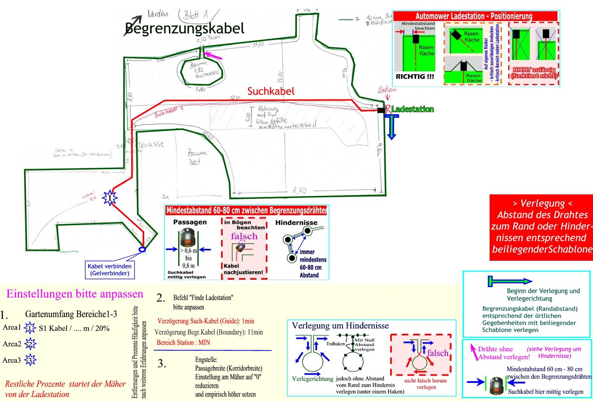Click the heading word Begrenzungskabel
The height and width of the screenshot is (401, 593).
pyautogui.click(x=185, y=29)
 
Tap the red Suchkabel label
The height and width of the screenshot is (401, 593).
pyautogui.click(x=271, y=91)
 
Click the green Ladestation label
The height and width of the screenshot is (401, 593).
pyautogui.click(x=413, y=109)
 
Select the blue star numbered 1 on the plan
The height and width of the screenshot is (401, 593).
pyautogui.click(x=110, y=198)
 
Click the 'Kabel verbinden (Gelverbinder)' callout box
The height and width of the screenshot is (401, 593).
pyautogui.click(x=109, y=270)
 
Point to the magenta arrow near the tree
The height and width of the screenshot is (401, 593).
pyautogui.click(x=213, y=56)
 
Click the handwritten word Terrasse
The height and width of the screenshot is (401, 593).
pyautogui.click(x=151, y=144)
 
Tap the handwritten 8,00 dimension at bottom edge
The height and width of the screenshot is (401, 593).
pyautogui.click(x=299, y=191)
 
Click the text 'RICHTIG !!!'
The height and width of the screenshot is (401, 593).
pyautogui.click(x=415, y=77)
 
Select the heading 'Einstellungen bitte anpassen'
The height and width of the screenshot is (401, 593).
pyautogui.click(x=75, y=294)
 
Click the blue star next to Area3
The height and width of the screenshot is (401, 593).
pyautogui.click(x=30, y=360)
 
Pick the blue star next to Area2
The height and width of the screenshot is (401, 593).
pyautogui.click(x=30, y=344)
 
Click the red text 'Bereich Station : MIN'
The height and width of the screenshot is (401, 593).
pyautogui.click(x=183, y=342)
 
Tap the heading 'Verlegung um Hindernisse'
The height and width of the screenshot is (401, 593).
pyautogui.click(x=340, y=326)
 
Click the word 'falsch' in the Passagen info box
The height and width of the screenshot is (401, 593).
pyautogui.click(x=244, y=236)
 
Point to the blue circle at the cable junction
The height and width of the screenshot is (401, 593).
pyautogui.click(x=142, y=250)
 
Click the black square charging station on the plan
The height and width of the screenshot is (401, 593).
pyautogui.click(x=381, y=110)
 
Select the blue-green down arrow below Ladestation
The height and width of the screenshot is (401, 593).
pyautogui.click(x=391, y=127)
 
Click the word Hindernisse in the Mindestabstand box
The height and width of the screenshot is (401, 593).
pyautogui.click(x=296, y=223)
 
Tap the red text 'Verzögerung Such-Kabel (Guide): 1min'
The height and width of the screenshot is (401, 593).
pyautogui.click(x=206, y=321)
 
